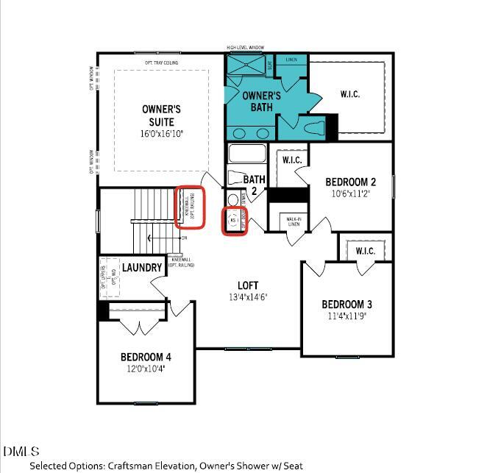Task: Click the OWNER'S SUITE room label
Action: pyautogui.click(x=161, y=115)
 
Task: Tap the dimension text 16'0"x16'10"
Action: pyautogui.click(x=161, y=134)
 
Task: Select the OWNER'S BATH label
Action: pyautogui.click(x=262, y=102)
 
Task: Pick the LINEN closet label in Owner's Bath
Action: pyautogui.click(x=291, y=59)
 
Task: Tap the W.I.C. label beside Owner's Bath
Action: pyautogui.click(x=349, y=94)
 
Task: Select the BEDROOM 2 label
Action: pyautogui.click(x=351, y=182)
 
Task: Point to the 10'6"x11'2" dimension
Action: pyautogui.click(x=351, y=194)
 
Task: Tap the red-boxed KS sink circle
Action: pyautogui.click(x=233, y=220)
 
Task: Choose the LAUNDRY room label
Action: pyautogui.click(x=142, y=268)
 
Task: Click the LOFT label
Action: pyautogui.click(x=248, y=285)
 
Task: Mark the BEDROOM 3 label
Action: pyautogui.click(x=346, y=305)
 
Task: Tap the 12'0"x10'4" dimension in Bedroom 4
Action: pyautogui.click(x=146, y=369)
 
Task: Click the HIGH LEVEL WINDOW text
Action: pyautogui.click(x=246, y=48)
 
